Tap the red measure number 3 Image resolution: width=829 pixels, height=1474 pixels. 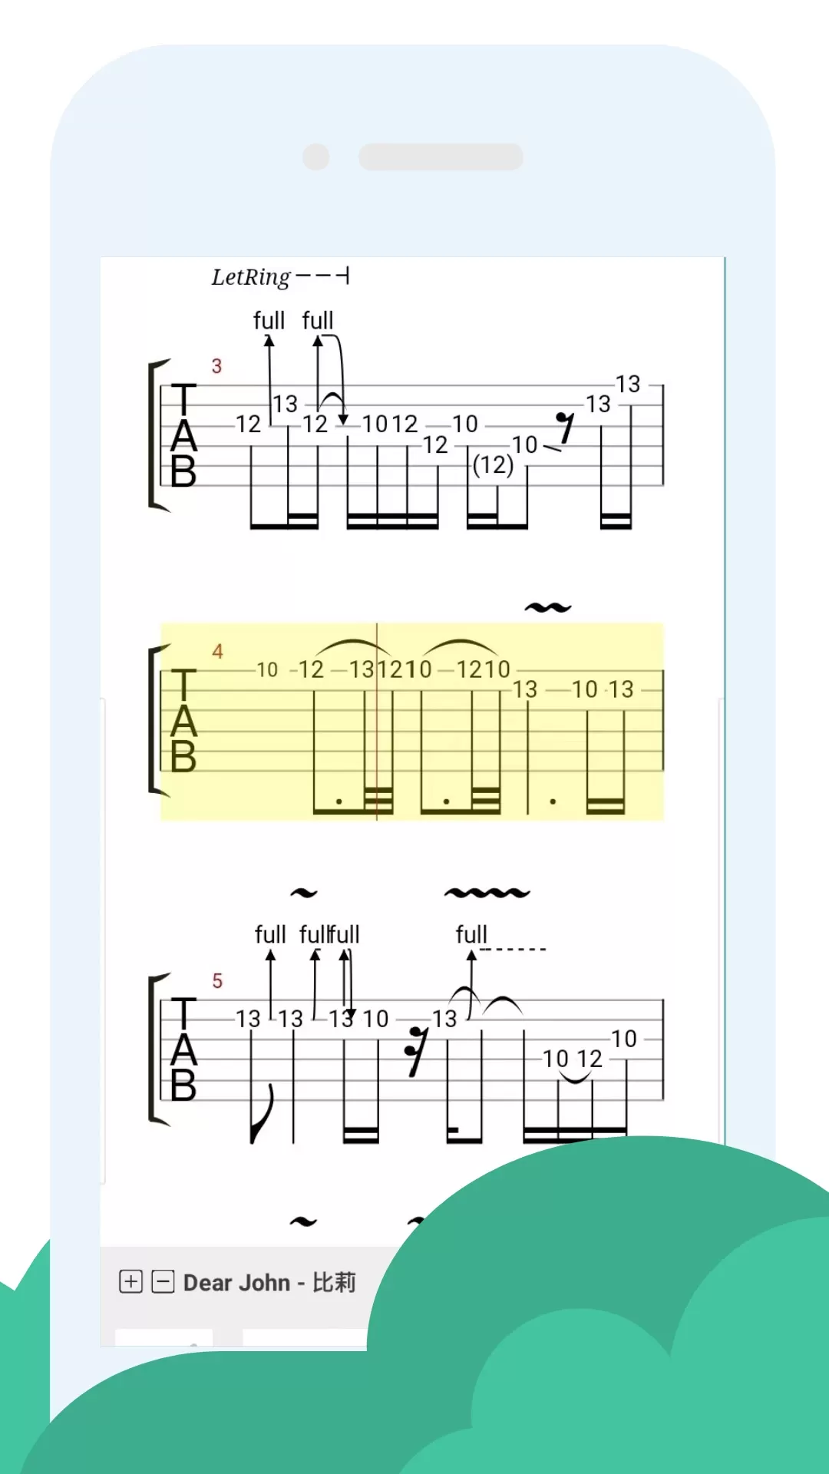coord(216,366)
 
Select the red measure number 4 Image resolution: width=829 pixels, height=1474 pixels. coord(217,651)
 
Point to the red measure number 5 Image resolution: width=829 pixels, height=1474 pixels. coord(217,980)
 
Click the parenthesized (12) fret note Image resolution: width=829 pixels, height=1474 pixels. coord(493,464)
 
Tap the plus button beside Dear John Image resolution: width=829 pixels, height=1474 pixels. coord(131,1281)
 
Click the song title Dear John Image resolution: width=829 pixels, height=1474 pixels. coord(236,1282)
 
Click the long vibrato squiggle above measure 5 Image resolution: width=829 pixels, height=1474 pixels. coord(487,893)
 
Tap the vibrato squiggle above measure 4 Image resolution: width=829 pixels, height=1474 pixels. coord(548,607)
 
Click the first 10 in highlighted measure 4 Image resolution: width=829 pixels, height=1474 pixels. coord(267,669)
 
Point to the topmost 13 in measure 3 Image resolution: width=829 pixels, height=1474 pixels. coord(628,384)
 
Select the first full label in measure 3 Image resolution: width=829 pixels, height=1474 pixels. coord(269,320)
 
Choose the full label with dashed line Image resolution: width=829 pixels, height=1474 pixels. coord(471,934)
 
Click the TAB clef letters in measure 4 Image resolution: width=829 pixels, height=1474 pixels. coord(183,720)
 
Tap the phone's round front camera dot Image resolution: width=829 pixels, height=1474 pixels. coord(316,157)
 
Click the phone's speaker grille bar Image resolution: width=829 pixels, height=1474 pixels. coord(441,157)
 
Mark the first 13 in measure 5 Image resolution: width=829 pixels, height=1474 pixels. coord(248,1019)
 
